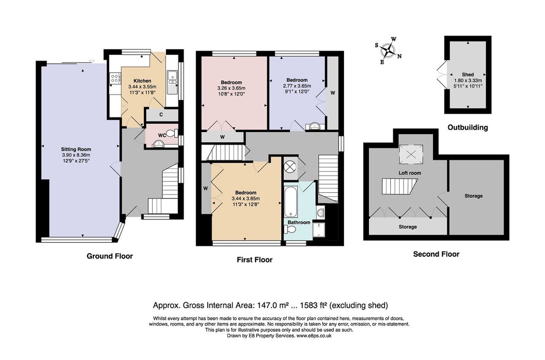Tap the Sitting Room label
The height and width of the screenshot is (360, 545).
[76, 149]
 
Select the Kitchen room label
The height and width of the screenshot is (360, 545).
[142, 81]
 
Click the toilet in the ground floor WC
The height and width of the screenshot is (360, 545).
[171, 133]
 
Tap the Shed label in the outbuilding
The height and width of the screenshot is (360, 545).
[468, 74]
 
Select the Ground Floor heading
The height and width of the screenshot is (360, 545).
[109, 256]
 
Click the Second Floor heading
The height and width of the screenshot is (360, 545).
[436, 254]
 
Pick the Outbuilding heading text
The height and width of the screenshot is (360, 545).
[467, 127]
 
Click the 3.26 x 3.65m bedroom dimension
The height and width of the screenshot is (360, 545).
[231, 88]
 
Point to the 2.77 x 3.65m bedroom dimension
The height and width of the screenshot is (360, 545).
[297, 85]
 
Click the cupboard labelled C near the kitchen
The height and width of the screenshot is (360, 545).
[161, 114]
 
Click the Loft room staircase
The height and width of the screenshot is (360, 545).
[399, 186]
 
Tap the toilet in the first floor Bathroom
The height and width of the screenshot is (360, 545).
[291, 229]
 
